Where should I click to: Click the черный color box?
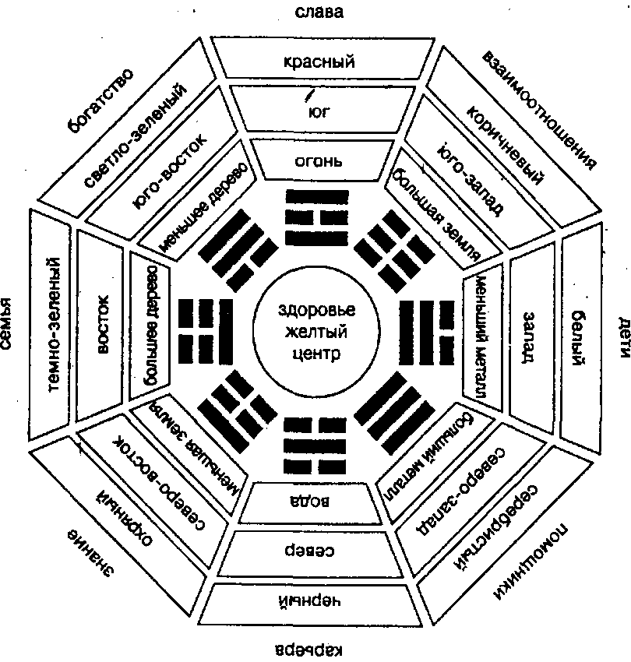[315, 602]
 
